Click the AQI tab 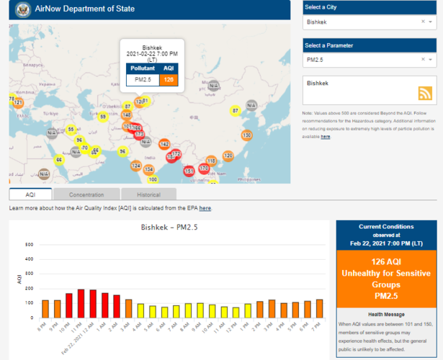click(x=30, y=194)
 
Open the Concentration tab click(x=87, y=194)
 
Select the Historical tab click(x=148, y=194)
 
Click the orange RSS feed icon click(x=425, y=93)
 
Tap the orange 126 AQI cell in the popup click(x=169, y=79)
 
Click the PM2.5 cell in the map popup click(x=143, y=79)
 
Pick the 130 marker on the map click(x=246, y=135)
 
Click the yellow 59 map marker click(x=103, y=117)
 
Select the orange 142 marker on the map click(x=164, y=144)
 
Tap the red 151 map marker click(x=189, y=171)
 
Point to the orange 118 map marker click(x=211, y=160)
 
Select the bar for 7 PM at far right click(x=319, y=308)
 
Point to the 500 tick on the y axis click(x=29, y=244)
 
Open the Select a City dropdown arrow click(x=431, y=22)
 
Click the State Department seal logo click(x=20, y=10)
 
